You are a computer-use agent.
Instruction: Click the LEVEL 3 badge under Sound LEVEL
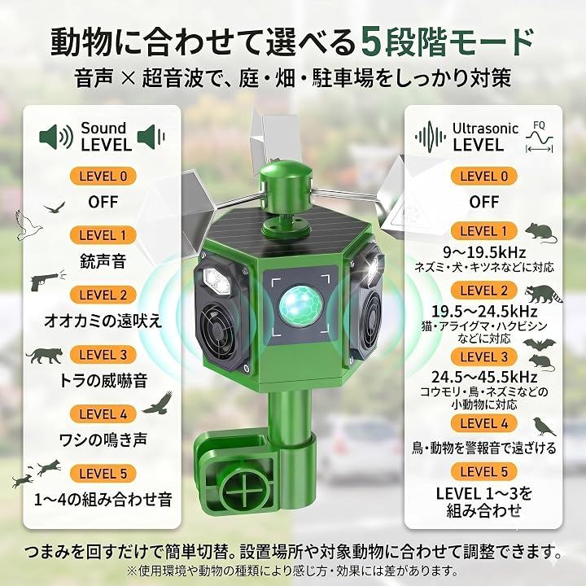(x=103, y=355)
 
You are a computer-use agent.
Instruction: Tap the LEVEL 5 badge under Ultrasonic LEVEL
(x=484, y=471)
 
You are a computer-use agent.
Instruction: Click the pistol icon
(x=47, y=280)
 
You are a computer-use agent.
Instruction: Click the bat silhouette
(x=539, y=344)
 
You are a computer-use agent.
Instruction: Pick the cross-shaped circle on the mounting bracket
(x=245, y=495)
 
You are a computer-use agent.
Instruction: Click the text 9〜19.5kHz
(x=484, y=252)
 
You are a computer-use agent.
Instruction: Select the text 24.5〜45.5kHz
(x=484, y=377)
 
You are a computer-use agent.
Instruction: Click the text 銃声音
(x=103, y=261)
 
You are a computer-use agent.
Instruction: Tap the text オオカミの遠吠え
(x=103, y=321)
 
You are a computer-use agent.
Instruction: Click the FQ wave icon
(x=539, y=138)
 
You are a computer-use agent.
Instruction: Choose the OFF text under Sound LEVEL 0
(x=103, y=202)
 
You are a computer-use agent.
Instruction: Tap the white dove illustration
(x=28, y=225)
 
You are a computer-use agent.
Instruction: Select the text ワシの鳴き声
(x=103, y=439)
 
